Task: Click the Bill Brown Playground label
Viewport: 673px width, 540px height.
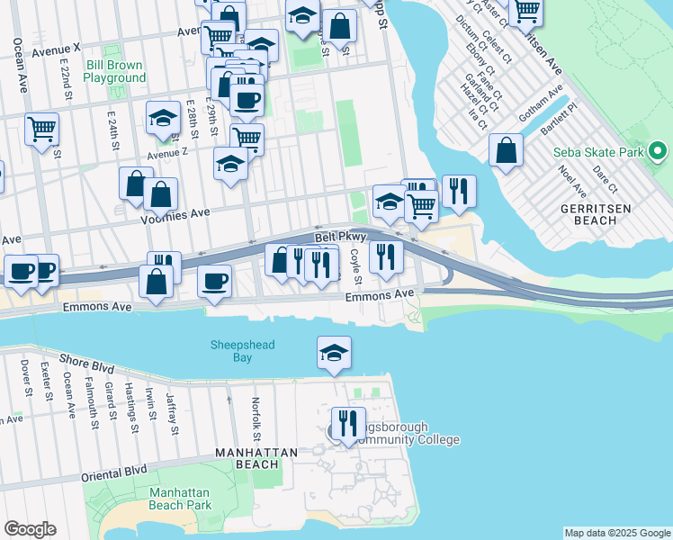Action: pyautogui.click(x=114, y=72)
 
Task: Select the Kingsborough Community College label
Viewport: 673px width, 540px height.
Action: pyautogui.click(x=401, y=434)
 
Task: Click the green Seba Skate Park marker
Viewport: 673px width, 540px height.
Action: pyautogui.click(x=659, y=152)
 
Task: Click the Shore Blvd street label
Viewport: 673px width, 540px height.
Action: pyautogui.click(x=86, y=364)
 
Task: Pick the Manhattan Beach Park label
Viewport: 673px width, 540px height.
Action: pyautogui.click(x=179, y=499)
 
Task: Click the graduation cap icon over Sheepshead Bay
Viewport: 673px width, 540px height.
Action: pyautogui.click(x=334, y=353)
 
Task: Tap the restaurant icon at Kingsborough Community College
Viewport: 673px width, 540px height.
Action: pyautogui.click(x=347, y=422)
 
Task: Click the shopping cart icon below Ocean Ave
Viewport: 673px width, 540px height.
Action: pyautogui.click(x=41, y=130)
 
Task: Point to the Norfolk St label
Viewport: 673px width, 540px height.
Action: pyautogui.click(x=256, y=412)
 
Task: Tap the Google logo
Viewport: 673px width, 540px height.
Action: pyautogui.click(x=30, y=529)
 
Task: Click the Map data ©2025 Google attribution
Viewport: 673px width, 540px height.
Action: pyautogui.click(x=616, y=533)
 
